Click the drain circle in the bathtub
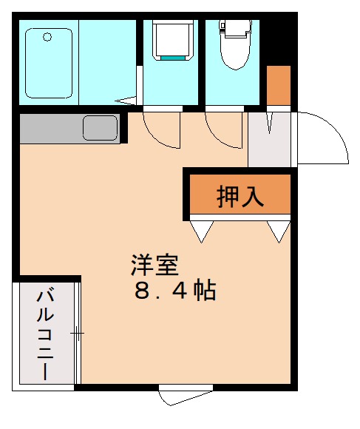point(47,37)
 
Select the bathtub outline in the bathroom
point(49,64)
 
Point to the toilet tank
point(236,29)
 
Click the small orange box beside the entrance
point(278,86)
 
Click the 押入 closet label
point(240,196)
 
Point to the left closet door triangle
point(201,232)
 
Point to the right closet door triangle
point(279,232)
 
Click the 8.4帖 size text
point(174,290)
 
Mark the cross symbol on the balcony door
point(77,334)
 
